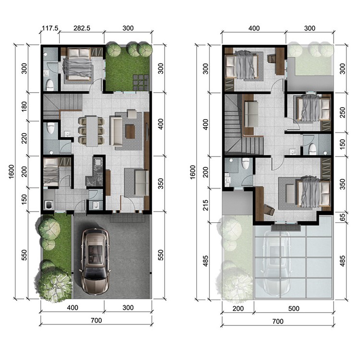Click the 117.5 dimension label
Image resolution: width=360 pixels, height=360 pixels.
click(x=50, y=28)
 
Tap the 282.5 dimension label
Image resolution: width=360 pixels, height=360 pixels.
click(x=82, y=28)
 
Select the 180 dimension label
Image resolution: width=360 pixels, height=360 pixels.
click(x=24, y=106)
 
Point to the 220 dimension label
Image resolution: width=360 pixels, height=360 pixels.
click(x=24, y=138)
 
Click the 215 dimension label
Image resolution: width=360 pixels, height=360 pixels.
click(x=205, y=205)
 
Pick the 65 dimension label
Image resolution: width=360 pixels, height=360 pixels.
click(x=342, y=217)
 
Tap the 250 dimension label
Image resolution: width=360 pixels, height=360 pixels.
click(x=342, y=112)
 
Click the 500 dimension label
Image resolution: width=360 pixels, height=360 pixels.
click(x=294, y=308)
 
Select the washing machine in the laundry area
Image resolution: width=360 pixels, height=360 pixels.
click(x=48, y=205)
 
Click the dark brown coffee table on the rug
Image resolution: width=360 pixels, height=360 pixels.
click(x=130, y=132)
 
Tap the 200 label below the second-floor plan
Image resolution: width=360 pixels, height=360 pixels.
click(x=238, y=308)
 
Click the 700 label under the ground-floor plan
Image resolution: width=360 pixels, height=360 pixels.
click(x=96, y=320)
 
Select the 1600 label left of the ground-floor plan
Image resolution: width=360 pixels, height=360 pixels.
click(x=12, y=171)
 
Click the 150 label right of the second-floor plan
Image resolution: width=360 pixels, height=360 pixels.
click(x=342, y=144)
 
